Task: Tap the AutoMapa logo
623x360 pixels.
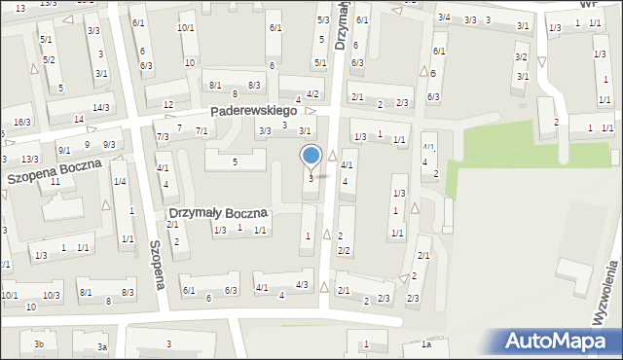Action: click(562, 341)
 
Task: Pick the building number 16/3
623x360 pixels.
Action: click(22, 122)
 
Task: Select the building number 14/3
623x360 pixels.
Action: click(101, 107)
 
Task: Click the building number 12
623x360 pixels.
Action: click(168, 104)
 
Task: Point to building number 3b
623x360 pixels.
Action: click(39, 344)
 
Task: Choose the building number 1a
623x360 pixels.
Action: click(425, 344)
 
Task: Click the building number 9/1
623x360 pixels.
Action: click(64, 150)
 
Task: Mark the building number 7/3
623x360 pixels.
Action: click(163, 137)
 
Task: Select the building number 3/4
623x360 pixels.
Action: click(444, 18)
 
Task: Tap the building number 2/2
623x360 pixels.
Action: click(344, 250)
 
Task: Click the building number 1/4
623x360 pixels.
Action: click(119, 182)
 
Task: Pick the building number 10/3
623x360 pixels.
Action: click(51, 295)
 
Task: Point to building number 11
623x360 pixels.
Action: click(55, 182)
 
